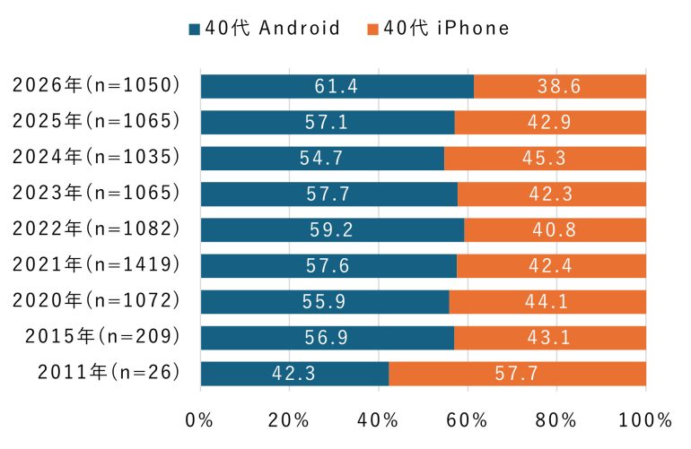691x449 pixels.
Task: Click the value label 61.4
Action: (337, 86)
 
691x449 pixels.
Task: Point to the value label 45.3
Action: (546, 158)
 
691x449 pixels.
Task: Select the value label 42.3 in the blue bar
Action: (294, 373)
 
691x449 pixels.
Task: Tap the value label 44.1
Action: (547, 301)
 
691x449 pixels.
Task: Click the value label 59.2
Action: (333, 229)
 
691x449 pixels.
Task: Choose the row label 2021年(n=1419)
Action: (97, 264)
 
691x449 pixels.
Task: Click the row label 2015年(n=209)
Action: (103, 336)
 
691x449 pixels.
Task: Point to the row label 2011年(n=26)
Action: (108, 372)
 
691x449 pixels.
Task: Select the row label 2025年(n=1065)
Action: (97, 121)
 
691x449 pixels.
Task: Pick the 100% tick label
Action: (645, 419)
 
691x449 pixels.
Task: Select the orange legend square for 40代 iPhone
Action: (372, 29)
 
